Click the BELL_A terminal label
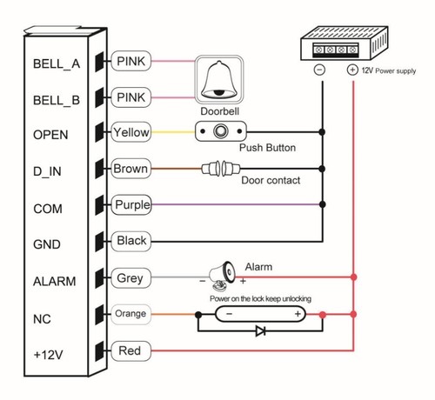pyautogui.click(x=57, y=63)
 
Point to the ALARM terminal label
pyautogui.click(x=54, y=281)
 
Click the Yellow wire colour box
pyautogui.click(x=131, y=133)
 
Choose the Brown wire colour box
pyautogui.click(x=131, y=169)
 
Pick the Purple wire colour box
pyautogui.click(x=132, y=205)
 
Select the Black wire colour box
pyautogui.click(x=131, y=241)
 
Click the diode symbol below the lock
pyautogui.click(x=258, y=331)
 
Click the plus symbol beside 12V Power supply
pyautogui.click(x=352, y=70)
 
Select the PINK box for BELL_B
pyautogui.click(x=131, y=97)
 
